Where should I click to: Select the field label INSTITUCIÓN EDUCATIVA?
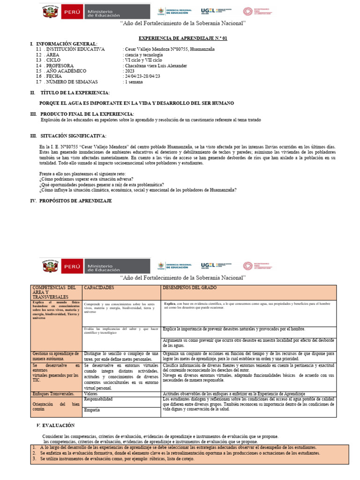point(75,49)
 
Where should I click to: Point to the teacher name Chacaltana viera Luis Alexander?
point(156,66)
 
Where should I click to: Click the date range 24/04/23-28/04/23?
point(142,76)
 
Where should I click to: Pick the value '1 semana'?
point(134,82)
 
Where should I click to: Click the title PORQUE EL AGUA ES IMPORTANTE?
point(136,103)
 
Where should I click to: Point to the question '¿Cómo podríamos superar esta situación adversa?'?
point(86,179)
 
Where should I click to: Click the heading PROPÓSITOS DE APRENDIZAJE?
point(76,201)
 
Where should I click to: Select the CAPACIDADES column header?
point(99,287)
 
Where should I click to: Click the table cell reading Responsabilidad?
point(98,399)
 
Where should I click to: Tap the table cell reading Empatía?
point(92,410)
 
